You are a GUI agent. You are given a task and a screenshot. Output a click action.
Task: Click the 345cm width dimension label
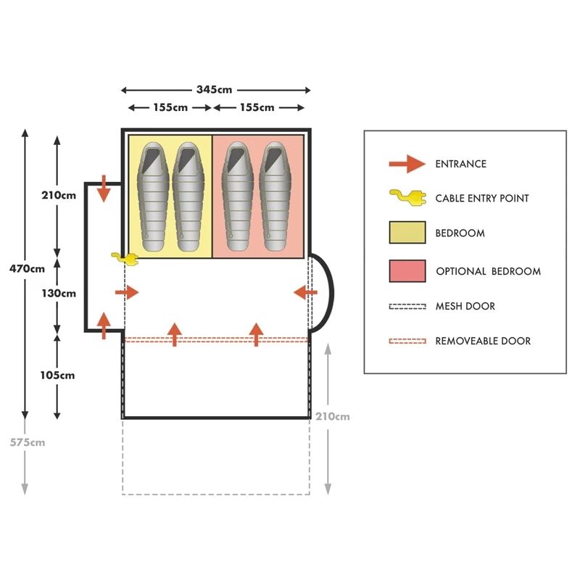(x=215, y=90)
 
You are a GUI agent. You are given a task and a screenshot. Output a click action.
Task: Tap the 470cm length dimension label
(x=28, y=268)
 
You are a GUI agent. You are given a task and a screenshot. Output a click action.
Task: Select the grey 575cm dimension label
(x=28, y=442)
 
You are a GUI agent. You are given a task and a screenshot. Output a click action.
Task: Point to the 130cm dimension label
(x=58, y=294)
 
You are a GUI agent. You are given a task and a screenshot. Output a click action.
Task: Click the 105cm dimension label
(x=58, y=376)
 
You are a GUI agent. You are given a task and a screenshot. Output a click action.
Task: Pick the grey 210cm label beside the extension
(x=333, y=416)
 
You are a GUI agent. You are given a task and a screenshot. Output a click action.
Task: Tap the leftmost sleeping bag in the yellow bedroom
(x=153, y=196)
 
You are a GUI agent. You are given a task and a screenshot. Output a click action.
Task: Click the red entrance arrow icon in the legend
(x=407, y=164)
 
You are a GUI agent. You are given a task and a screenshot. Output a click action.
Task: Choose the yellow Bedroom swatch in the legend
(x=407, y=233)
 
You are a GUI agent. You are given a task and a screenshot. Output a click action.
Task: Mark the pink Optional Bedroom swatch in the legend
(x=407, y=271)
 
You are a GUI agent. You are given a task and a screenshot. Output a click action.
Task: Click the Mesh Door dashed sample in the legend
(x=407, y=306)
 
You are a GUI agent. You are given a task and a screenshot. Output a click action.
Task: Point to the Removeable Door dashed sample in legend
(x=407, y=341)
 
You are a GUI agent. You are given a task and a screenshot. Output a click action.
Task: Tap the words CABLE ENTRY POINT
(x=482, y=199)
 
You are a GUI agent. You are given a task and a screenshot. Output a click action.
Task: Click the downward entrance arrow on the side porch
(x=104, y=188)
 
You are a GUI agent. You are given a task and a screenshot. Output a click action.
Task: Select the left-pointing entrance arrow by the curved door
(x=305, y=292)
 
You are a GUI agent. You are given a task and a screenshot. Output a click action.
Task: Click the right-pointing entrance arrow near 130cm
(x=127, y=292)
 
